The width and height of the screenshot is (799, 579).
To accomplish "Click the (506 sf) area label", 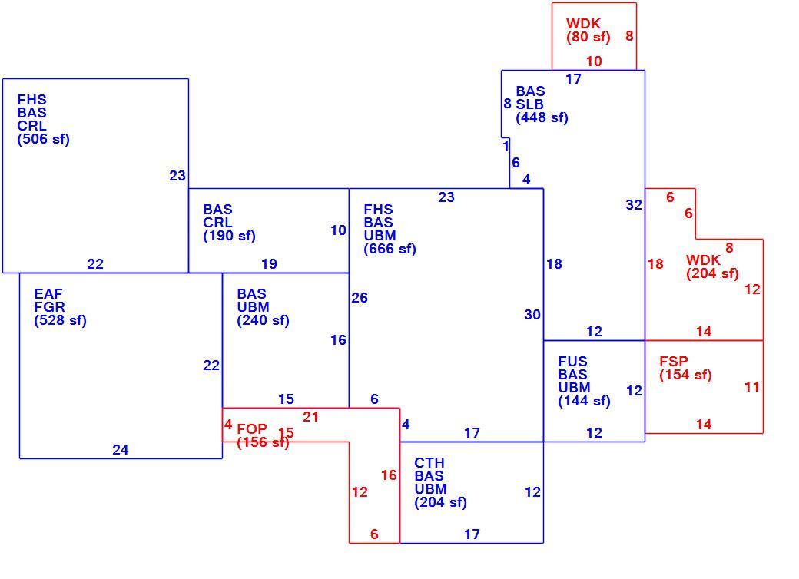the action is pyautogui.click(x=43, y=139).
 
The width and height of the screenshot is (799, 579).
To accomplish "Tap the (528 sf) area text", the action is pyautogui.click(x=60, y=320).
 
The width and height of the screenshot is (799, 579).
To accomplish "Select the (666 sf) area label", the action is pyautogui.click(x=390, y=249).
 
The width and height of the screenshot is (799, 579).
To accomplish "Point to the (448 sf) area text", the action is pyautogui.click(x=542, y=117).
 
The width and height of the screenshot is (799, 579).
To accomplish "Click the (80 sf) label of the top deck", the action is pyautogui.click(x=588, y=37).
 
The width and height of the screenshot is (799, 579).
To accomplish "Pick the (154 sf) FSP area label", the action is pyautogui.click(x=685, y=375).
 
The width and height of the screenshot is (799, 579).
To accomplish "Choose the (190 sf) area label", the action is pyautogui.click(x=229, y=236).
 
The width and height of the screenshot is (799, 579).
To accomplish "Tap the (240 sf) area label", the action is pyautogui.click(x=263, y=320).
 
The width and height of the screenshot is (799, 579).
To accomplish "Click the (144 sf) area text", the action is pyautogui.click(x=584, y=402).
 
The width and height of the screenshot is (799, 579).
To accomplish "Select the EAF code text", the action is pyautogui.click(x=48, y=294).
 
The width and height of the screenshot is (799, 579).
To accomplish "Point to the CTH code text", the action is pyautogui.click(x=429, y=463).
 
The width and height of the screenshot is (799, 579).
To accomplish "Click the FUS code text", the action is pyautogui.click(x=573, y=362).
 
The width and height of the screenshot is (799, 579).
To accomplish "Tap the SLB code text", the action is pyautogui.click(x=529, y=104).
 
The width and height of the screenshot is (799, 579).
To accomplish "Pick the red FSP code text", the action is pyautogui.click(x=674, y=362).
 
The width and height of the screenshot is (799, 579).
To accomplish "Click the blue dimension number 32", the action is pyautogui.click(x=634, y=205).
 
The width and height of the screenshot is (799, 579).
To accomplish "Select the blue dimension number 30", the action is pyautogui.click(x=532, y=315).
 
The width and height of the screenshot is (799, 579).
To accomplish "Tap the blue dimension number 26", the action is pyautogui.click(x=360, y=298).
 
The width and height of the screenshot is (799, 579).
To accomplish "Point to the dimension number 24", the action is pyautogui.click(x=121, y=450).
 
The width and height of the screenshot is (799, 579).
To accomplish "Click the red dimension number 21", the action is pyautogui.click(x=311, y=417).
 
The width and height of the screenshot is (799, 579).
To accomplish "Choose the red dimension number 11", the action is pyautogui.click(x=752, y=387).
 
